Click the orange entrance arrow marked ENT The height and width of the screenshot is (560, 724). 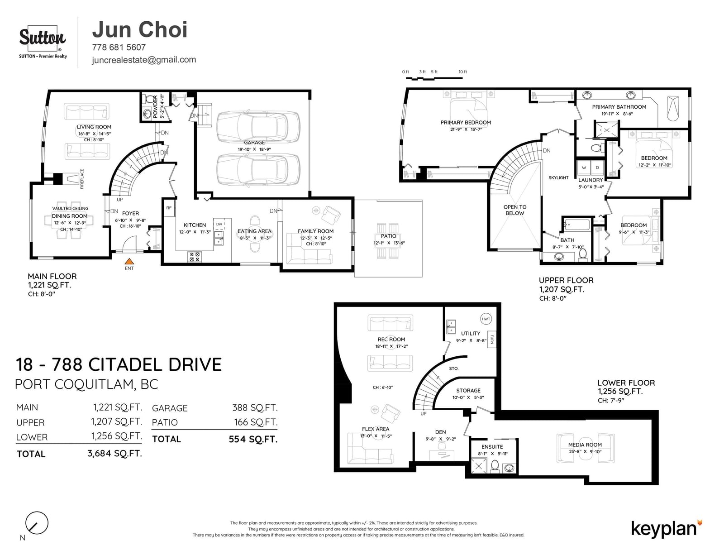[129, 261]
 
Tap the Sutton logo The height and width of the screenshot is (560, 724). [43, 42]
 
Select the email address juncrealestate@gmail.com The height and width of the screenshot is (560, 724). [144, 60]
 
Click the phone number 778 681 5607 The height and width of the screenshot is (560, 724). [119, 48]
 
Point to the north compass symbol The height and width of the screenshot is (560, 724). [37, 523]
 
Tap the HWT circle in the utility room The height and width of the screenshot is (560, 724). [486, 319]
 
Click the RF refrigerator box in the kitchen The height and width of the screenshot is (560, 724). [169, 208]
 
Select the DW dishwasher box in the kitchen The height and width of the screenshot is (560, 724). [219, 224]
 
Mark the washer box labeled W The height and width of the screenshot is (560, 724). [584, 168]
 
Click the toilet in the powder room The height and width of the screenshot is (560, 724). [150, 99]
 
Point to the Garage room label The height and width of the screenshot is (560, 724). [254, 143]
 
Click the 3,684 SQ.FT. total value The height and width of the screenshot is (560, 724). [114, 453]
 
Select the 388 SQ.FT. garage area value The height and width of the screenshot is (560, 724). [255, 408]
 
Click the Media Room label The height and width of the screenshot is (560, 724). [585, 445]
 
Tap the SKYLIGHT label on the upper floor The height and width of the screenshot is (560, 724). [558, 177]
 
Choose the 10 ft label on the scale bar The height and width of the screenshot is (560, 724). [463, 72]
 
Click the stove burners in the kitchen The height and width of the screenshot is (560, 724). [194, 257]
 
